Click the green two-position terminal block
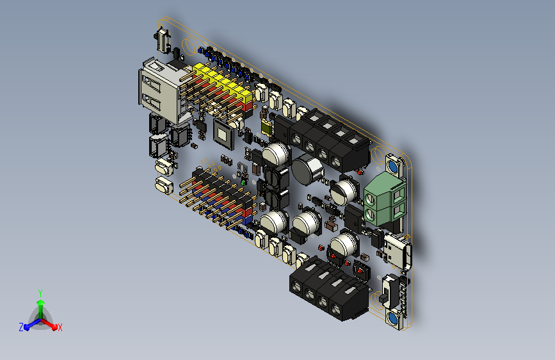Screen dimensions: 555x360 [385, 200]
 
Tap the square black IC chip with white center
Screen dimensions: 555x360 [223, 135]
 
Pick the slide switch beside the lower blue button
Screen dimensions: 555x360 [389, 291]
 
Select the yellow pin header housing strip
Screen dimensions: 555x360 [223, 81]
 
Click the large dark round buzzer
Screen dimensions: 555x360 [307, 169]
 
